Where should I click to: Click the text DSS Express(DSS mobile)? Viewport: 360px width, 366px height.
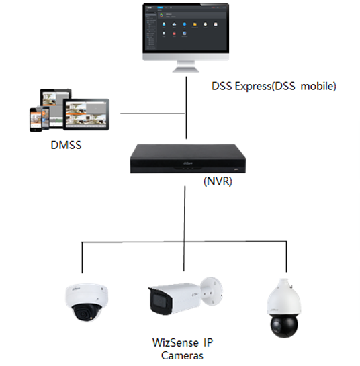(273, 86)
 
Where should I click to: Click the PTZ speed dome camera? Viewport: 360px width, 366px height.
(281, 306)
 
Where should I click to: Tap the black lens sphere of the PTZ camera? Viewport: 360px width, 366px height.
(282, 325)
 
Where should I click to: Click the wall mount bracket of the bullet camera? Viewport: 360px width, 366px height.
(212, 289)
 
